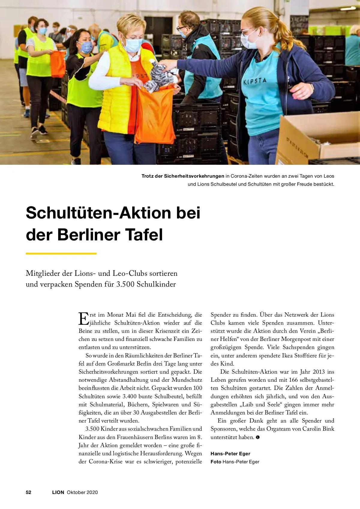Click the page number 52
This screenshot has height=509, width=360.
(28, 492)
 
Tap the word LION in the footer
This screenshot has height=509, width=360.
(58, 492)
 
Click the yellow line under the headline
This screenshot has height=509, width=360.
(61, 254)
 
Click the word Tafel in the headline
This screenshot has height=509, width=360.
(144, 235)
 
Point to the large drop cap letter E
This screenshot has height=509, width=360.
(83, 318)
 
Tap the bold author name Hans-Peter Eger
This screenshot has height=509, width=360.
(230, 453)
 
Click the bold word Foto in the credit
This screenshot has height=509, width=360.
(216, 462)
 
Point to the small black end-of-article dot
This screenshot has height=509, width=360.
(258, 437)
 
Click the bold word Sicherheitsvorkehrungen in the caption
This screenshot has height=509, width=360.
(194, 176)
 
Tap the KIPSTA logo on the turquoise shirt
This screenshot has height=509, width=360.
(255, 81)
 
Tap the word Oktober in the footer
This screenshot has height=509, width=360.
(76, 492)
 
